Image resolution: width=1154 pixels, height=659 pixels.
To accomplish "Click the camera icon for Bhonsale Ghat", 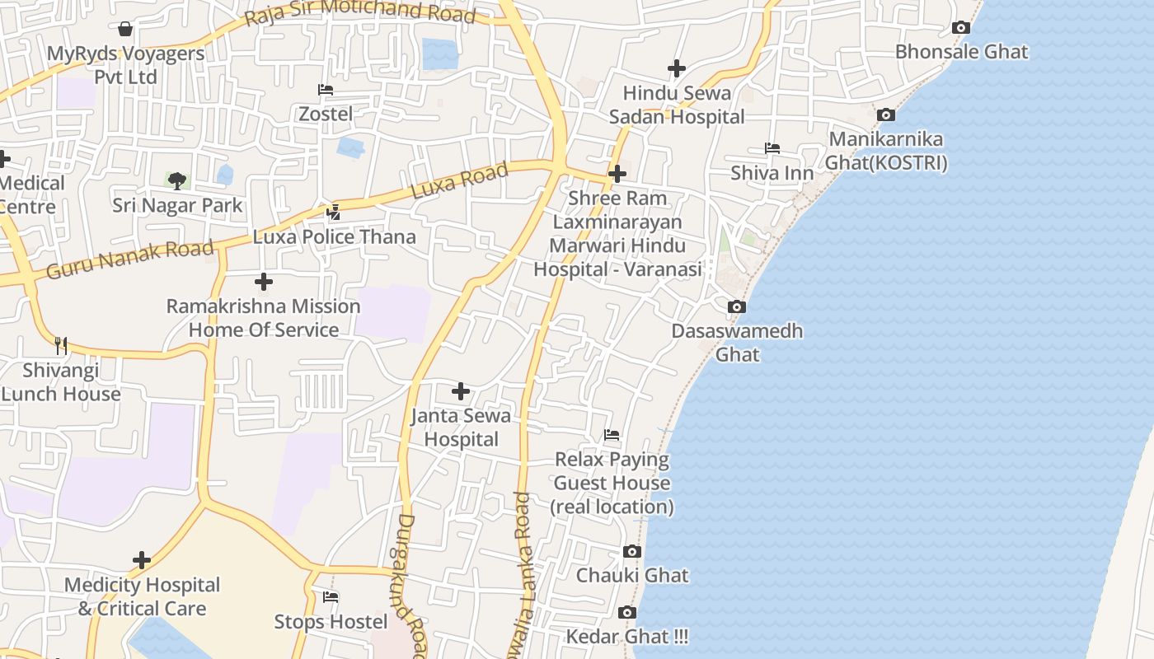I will (960, 28).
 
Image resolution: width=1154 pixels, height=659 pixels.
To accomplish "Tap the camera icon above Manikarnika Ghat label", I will (886, 115).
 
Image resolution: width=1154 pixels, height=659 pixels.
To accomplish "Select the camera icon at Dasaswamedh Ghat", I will (737, 307).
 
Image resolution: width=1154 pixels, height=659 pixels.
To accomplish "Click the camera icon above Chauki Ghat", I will (632, 551).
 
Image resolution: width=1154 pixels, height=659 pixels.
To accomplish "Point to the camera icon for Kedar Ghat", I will (627, 613).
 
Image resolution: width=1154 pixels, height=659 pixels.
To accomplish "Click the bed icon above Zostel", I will (326, 90).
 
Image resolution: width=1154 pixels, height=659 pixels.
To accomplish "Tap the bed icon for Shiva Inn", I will (772, 148).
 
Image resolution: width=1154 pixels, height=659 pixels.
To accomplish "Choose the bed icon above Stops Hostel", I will (331, 597).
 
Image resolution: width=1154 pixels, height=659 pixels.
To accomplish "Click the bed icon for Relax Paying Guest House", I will (612, 435).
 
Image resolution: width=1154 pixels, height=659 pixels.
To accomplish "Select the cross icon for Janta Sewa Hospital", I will (461, 391).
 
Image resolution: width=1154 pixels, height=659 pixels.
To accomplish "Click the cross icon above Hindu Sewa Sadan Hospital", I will (677, 68).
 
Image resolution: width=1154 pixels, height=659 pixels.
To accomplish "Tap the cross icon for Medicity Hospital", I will (142, 561).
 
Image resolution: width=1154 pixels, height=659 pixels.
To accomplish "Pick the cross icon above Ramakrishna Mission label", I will (264, 283).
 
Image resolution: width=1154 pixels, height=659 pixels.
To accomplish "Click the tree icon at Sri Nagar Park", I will (177, 180).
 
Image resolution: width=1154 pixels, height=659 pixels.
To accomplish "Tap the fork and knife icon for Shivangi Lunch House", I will (61, 345).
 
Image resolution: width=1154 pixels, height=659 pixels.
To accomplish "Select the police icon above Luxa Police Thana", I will (334, 213).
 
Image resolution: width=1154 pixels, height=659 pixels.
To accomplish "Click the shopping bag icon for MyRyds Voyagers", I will (125, 30).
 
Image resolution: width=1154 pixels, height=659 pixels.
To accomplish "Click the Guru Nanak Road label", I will (130, 259).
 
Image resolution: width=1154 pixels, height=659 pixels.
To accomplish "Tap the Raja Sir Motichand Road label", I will (360, 10).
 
